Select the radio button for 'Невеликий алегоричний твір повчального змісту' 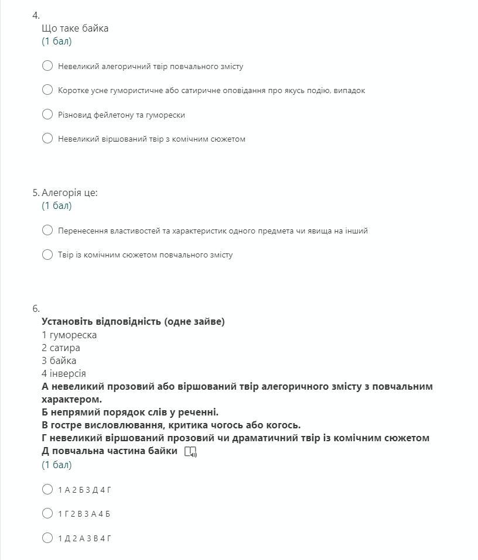pyautogui.click(x=47, y=66)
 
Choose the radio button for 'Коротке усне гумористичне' pyautogui.click(x=47, y=90)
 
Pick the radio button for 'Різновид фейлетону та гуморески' pyautogui.click(x=47, y=115)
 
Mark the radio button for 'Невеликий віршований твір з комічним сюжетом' pyautogui.click(x=47, y=139)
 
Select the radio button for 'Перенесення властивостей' pyautogui.click(x=47, y=231)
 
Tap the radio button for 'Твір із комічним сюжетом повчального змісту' pyautogui.click(x=47, y=255)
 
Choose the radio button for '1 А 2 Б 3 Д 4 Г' pyautogui.click(x=47, y=490)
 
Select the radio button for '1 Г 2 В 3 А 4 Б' pyautogui.click(x=47, y=514)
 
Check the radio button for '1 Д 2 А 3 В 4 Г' pyautogui.click(x=47, y=538)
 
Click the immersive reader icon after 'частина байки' pyautogui.click(x=190, y=452)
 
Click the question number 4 pyautogui.click(x=36, y=16)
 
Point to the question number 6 pyautogui.click(x=36, y=308)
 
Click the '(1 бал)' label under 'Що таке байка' pyautogui.click(x=57, y=41)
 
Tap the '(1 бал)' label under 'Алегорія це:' pyautogui.click(x=57, y=205)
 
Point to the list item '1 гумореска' pyautogui.click(x=69, y=335)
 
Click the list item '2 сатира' pyautogui.click(x=61, y=348)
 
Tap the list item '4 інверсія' pyautogui.click(x=64, y=373)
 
